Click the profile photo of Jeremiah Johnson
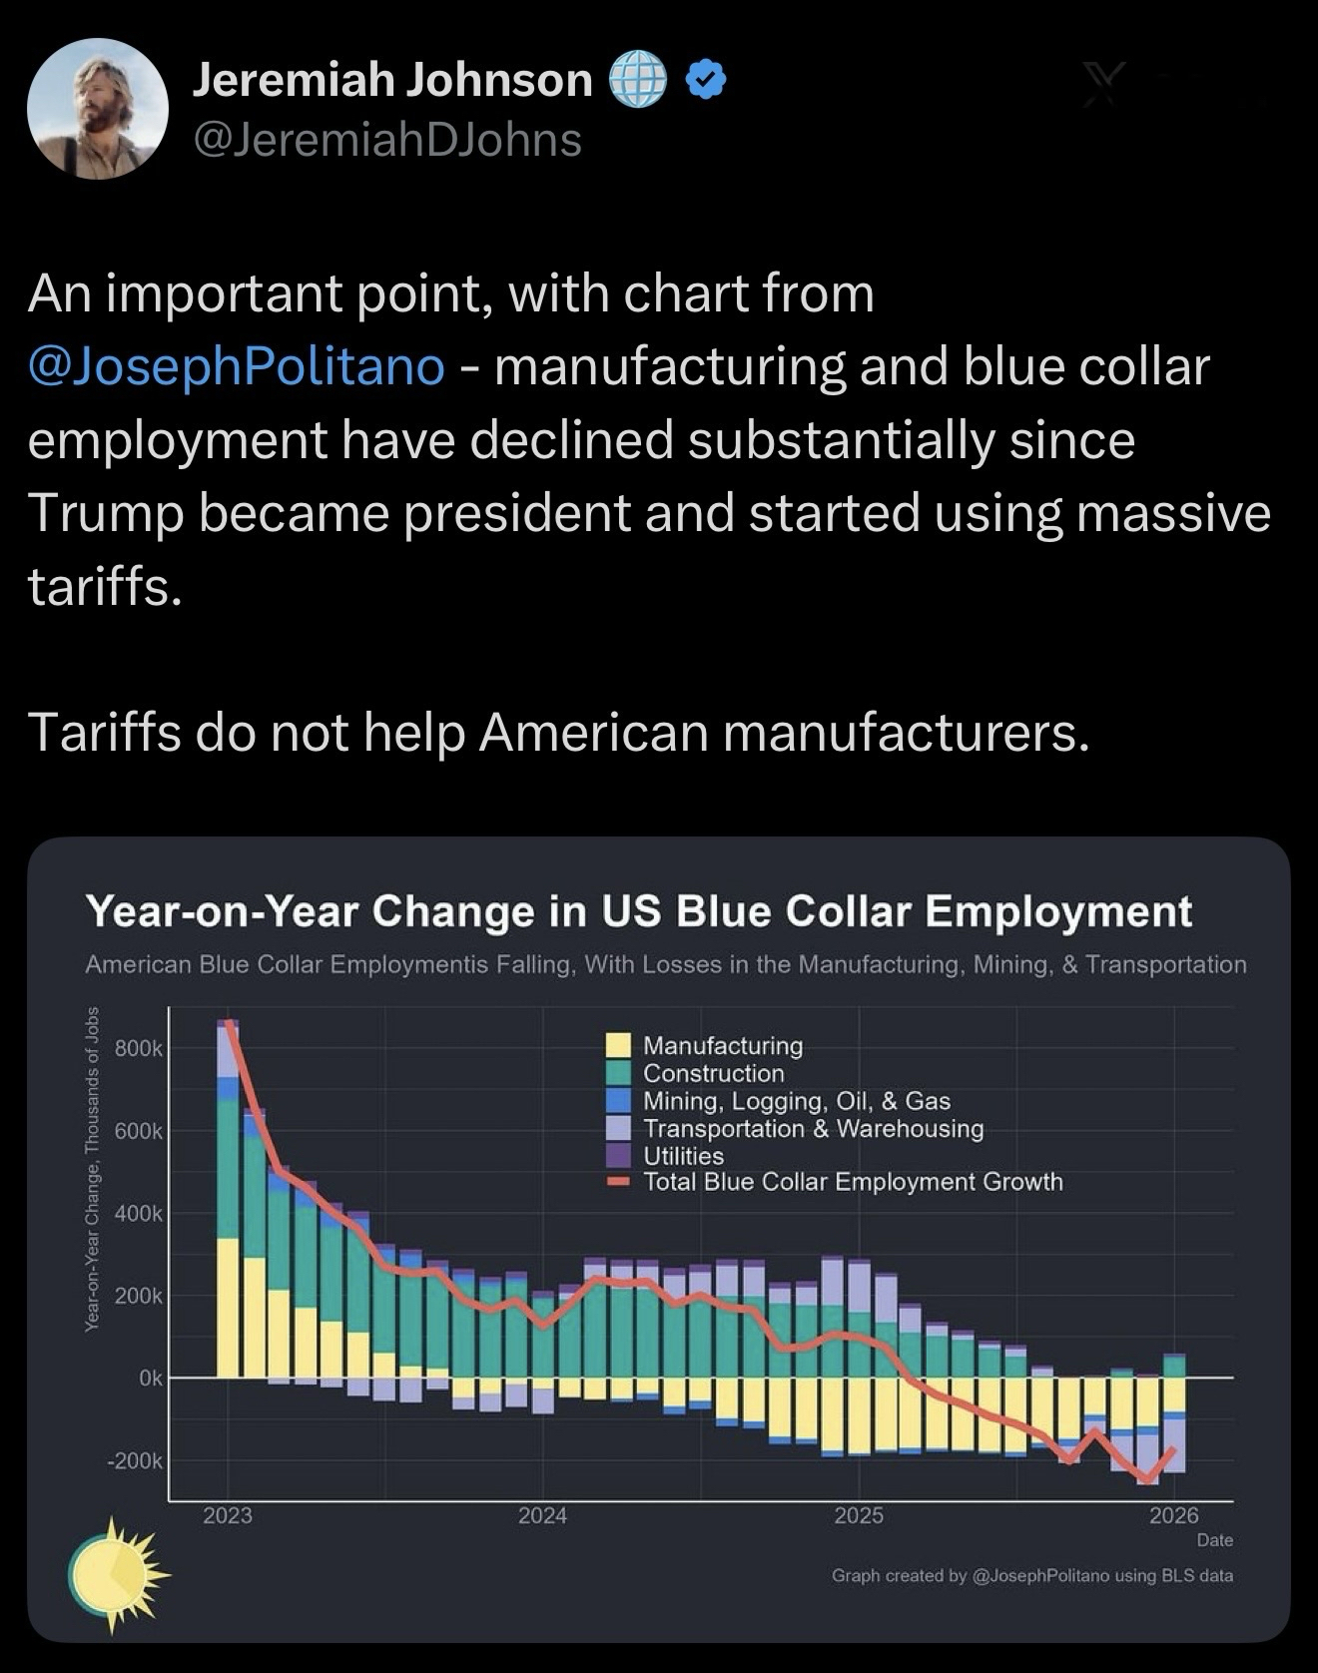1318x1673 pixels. pyautogui.click(x=97, y=109)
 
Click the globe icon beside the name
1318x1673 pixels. pyautogui.click(x=637, y=81)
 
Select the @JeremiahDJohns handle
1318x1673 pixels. pyautogui.click(x=386, y=140)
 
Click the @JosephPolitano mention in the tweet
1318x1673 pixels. pyautogui.click(x=237, y=366)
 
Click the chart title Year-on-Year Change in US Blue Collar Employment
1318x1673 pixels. pyautogui.click(x=639, y=911)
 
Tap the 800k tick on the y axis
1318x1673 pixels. pyautogui.click(x=137, y=1049)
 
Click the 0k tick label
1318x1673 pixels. pyautogui.click(x=150, y=1379)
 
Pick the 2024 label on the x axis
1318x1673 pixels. pyautogui.click(x=543, y=1515)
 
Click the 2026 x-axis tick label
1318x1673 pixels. pyautogui.click(x=1173, y=1515)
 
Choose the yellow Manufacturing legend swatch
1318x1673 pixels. pyautogui.click(x=619, y=1045)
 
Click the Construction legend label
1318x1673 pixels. pyautogui.click(x=714, y=1073)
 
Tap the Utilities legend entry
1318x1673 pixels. pyautogui.click(x=684, y=1156)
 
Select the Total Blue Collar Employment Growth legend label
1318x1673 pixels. pyautogui.click(x=853, y=1182)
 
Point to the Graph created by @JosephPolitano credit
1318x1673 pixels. pyautogui.click(x=1031, y=1575)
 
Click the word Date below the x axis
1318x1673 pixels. pyautogui.click(x=1214, y=1540)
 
